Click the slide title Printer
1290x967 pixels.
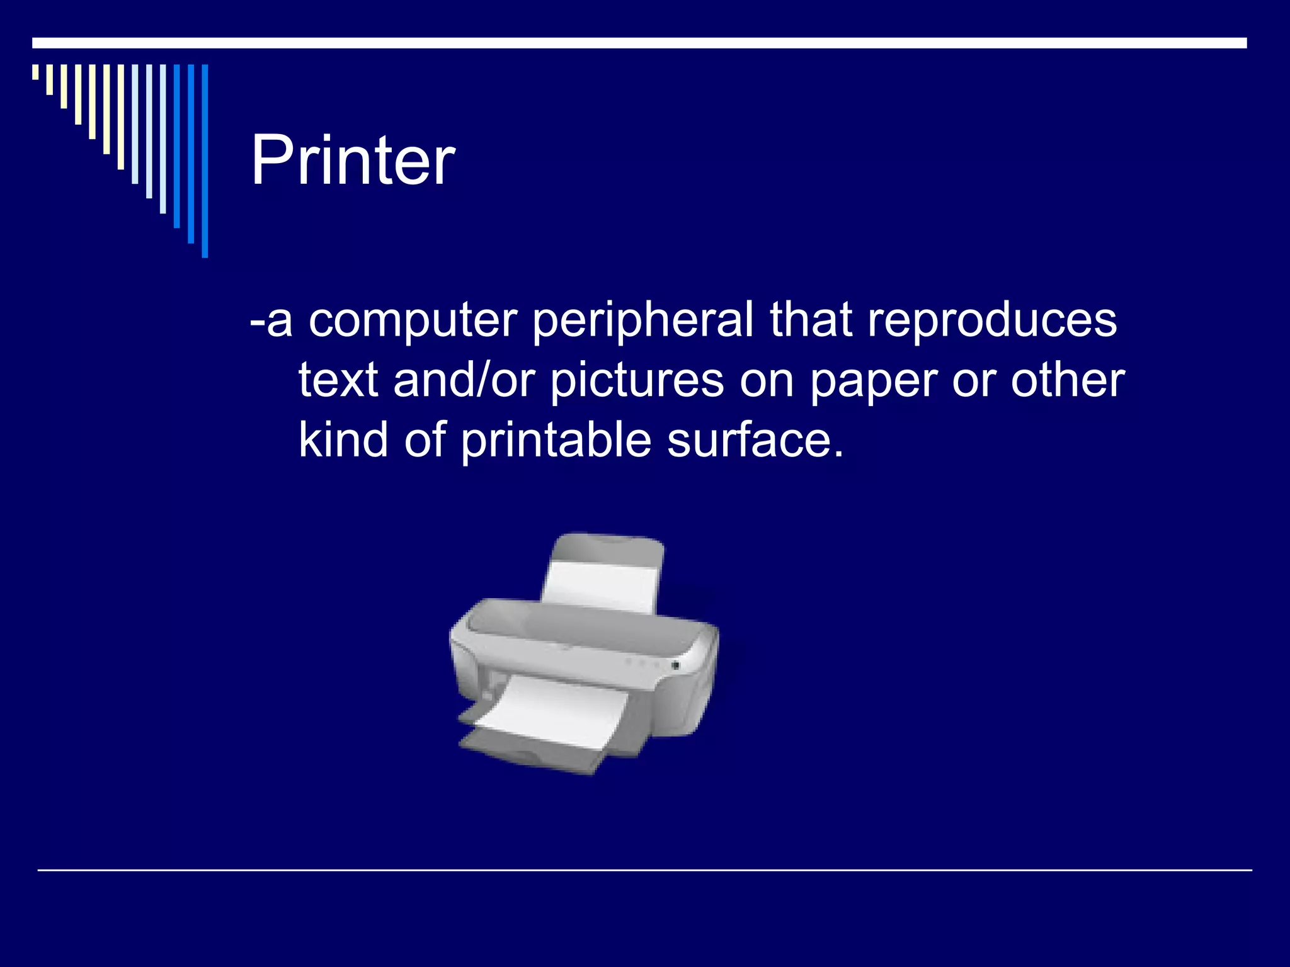coord(353,161)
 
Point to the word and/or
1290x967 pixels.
coord(464,381)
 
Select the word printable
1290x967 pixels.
coord(556,441)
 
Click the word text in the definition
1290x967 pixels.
coord(338,381)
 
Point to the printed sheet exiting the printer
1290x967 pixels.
coord(548,708)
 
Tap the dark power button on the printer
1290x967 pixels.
coord(675,665)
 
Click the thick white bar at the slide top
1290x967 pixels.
coord(639,43)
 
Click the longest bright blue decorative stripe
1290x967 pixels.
coord(205,161)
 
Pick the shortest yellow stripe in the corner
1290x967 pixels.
coord(35,72)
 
